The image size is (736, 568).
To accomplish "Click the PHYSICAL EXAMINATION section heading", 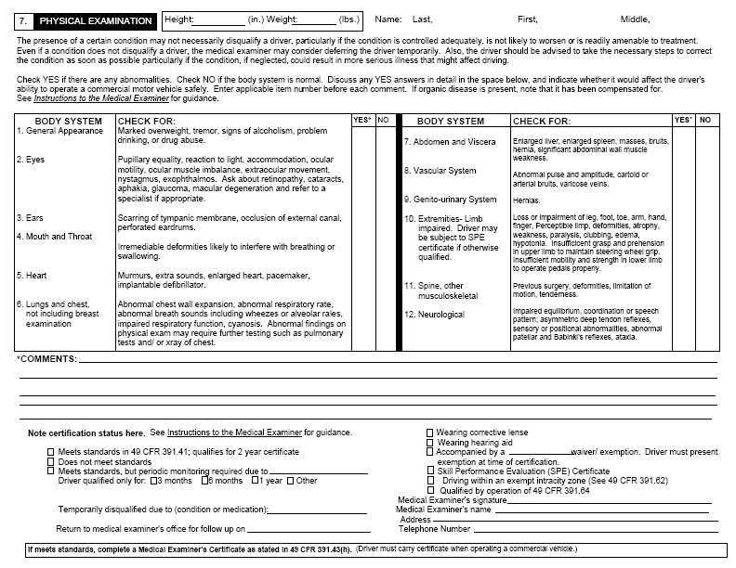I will tap(95, 20).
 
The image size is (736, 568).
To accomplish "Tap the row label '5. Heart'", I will tap(32, 276).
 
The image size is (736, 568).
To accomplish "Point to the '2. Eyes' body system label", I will tap(31, 160).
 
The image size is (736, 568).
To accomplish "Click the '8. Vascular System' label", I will tap(440, 171).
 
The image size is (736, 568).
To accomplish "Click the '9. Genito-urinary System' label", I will tap(450, 200).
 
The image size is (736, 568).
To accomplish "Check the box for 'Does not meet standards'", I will tap(51, 461).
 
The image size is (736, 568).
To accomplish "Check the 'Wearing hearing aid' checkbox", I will tap(429, 443).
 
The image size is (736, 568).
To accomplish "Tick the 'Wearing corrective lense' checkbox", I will tap(429, 432).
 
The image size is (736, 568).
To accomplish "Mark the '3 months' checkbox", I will tap(157, 480).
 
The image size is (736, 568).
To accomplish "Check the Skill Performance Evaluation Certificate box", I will tap(429, 471).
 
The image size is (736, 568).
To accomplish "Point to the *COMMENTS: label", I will tap(46, 358).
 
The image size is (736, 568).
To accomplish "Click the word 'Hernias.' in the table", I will tap(527, 200).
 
